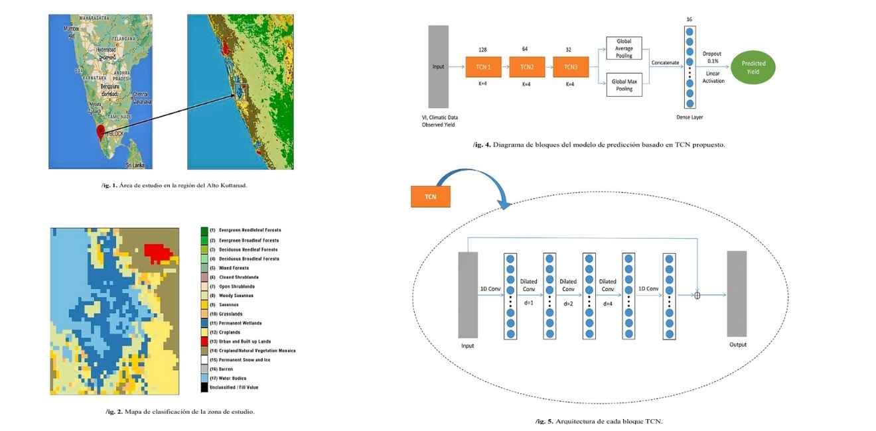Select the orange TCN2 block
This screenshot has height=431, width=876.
click(x=526, y=67)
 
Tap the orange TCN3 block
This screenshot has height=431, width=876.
click(x=570, y=67)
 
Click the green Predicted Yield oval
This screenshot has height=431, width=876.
click(x=753, y=67)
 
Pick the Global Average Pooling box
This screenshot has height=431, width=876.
click(x=624, y=48)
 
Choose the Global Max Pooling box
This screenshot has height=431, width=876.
click(x=624, y=85)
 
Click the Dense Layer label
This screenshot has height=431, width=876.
click(x=690, y=117)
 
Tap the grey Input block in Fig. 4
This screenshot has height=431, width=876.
click(x=439, y=66)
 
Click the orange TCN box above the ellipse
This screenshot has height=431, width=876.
click(x=431, y=197)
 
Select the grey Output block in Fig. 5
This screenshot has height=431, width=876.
click(x=737, y=294)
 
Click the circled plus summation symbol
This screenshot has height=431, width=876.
click(x=697, y=296)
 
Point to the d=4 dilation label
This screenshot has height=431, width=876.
click(x=607, y=304)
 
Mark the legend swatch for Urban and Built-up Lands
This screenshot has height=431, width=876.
click(x=204, y=341)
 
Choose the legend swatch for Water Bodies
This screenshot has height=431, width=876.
click(x=204, y=378)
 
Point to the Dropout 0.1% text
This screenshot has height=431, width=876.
click(x=712, y=58)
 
